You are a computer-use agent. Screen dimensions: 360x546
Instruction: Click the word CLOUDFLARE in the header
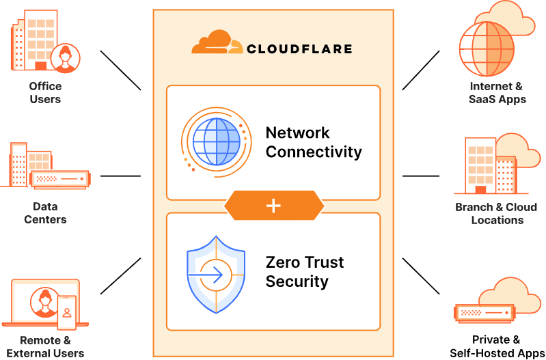(x=299, y=49)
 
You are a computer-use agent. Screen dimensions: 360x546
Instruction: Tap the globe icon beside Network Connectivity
(x=215, y=141)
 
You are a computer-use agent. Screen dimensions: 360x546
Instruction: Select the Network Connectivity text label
(x=314, y=142)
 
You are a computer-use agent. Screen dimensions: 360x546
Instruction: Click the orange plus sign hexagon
(x=273, y=206)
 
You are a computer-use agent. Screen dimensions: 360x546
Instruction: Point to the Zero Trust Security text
(x=305, y=272)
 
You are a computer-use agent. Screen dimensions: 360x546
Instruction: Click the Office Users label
(x=45, y=93)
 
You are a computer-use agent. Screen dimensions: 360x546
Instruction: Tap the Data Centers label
(x=45, y=213)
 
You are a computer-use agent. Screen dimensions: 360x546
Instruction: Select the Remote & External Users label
(x=45, y=346)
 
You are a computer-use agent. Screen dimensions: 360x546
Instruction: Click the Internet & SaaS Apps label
(x=497, y=93)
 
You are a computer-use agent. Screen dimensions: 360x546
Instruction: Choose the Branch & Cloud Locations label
(x=497, y=213)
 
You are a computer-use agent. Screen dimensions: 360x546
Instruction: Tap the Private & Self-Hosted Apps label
(x=497, y=346)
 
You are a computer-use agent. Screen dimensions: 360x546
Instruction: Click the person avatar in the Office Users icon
(x=65, y=57)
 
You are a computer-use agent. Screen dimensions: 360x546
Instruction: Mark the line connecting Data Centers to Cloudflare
(x=120, y=176)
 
